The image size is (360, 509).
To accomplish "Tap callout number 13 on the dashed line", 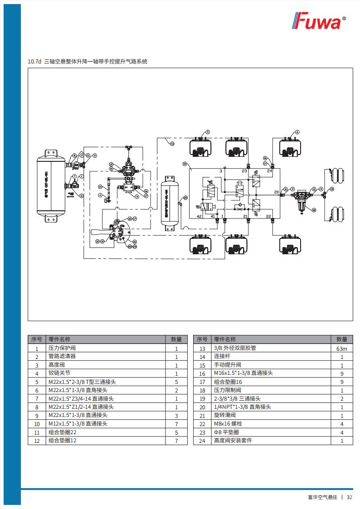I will pyautogui.click(x=172, y=144).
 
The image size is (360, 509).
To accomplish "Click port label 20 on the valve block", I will pyautogui.click(x=276, y=192).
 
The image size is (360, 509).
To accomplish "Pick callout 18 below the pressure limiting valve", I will pyautogui.click(x=314, y=210).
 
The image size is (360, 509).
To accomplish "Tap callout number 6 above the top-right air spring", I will pyautogui.click(x=297, y=132).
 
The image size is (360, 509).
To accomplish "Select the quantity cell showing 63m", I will pyautogui.click(x=341, y=348).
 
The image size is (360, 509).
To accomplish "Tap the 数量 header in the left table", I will pyautogui.click(x=176, y=339).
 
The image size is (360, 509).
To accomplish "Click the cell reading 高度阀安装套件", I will pyautogui.click(x=233, y=441).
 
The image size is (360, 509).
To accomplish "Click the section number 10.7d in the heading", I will pyautogui.click(x=34, y=61).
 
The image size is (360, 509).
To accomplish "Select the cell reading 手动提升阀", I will pyautogui.click(x=227, y=365).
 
